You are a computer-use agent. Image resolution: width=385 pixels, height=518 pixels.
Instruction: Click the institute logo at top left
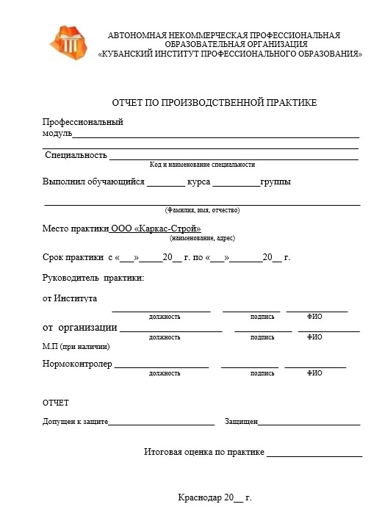71,43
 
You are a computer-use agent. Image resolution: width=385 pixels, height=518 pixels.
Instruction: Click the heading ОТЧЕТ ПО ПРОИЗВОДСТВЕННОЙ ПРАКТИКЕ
214,103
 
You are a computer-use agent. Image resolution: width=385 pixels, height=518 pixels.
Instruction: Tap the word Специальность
76,156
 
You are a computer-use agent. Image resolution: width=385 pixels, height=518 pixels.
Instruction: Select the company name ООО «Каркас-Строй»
156,229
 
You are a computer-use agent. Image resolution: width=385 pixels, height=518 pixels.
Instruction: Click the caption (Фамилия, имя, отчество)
202,210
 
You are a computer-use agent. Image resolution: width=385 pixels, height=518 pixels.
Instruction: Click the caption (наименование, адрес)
202,239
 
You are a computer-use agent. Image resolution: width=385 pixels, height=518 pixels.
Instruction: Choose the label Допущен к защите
76,422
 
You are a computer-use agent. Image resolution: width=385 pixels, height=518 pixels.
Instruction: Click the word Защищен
241,422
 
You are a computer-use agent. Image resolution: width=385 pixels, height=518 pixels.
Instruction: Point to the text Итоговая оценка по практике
204,451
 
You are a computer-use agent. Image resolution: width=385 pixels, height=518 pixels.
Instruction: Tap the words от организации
80,327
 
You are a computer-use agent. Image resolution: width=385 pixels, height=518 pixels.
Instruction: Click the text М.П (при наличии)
76,346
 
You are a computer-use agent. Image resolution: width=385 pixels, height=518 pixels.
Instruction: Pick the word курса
200,182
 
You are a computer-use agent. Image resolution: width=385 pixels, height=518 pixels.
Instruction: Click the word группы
276,182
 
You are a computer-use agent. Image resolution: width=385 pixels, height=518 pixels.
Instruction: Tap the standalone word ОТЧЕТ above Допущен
55,403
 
